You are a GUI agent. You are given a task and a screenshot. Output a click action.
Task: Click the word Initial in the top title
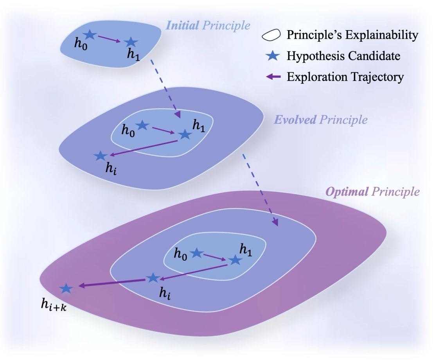tap(182, 25)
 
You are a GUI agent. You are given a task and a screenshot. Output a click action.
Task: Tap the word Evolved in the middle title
tap(295, 120)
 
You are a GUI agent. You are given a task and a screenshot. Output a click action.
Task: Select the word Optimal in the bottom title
tap(347, 192)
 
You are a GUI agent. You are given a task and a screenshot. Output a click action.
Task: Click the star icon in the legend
tap(273, 56)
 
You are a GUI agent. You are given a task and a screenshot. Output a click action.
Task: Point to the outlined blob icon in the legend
tap(271, 35)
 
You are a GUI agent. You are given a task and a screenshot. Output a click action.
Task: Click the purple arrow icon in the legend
tap(273, 77)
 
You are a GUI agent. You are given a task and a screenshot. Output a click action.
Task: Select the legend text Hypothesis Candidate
tap(343, 56)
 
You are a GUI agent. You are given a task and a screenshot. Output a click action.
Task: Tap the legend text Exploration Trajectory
tap(345, 77)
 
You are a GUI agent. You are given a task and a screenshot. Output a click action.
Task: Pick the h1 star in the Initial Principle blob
tap(131, 42)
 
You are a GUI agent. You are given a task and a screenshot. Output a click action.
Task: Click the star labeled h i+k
tap(66, 288)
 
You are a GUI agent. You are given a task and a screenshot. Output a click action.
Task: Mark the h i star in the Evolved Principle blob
tap(101, 156)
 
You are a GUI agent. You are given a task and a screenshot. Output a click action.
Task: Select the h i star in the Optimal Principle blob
tap(153, 278)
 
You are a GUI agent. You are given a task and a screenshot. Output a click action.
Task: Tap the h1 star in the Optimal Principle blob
tap(235, 260)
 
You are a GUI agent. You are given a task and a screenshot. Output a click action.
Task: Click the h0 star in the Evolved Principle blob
tap(142, 125)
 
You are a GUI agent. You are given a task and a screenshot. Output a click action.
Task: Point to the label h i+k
tap(54, 305)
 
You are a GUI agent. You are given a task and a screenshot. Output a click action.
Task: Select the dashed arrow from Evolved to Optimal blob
tap(260, 190)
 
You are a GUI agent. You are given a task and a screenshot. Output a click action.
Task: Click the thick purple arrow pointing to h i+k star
tap(112, 283)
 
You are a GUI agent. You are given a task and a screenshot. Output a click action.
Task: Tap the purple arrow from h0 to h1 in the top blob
tap(110, 39)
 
